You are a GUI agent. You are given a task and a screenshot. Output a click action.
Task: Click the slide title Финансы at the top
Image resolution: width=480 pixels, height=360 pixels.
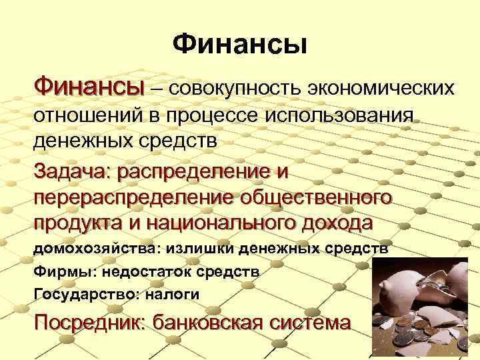pyautogui.click(x=240, y=45)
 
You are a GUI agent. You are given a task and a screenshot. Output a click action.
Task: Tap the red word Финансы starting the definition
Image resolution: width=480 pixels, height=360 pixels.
pyautogui.click(x=89, y=86)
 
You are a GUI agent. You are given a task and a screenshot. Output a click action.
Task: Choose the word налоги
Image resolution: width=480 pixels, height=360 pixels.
pyautogui.click(x=170, y=293)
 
